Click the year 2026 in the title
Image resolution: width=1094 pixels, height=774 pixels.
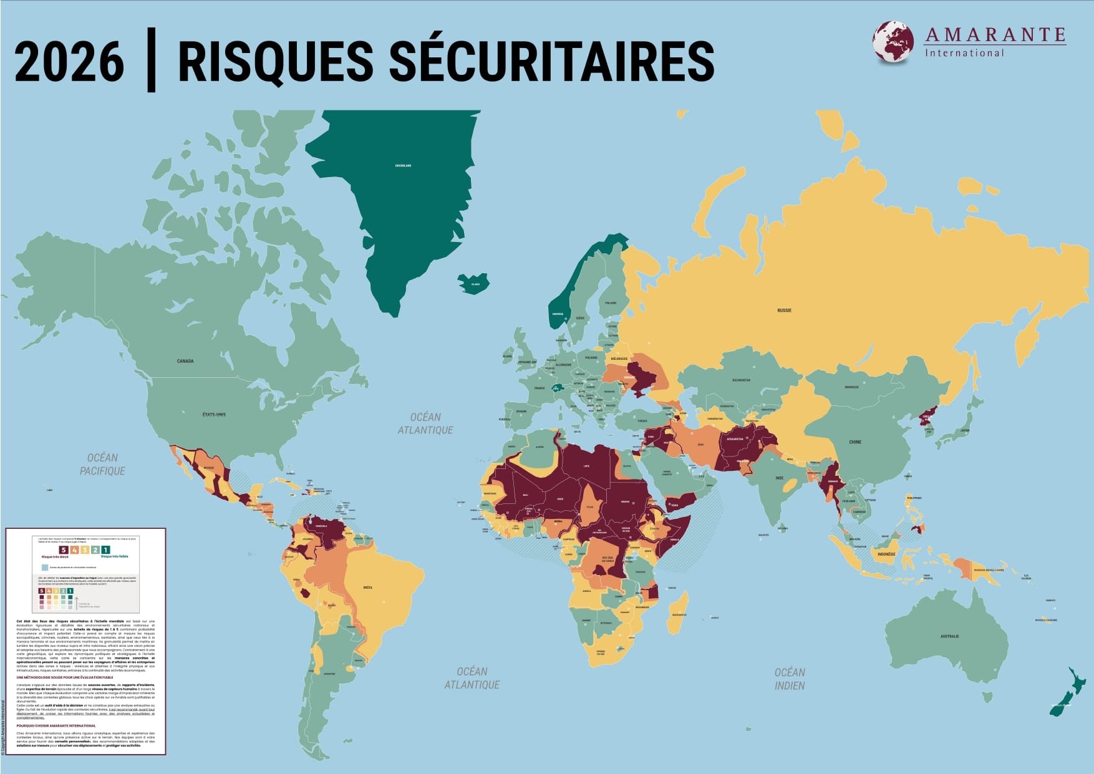[x=69, y=62]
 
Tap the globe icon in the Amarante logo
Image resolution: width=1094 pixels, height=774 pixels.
[x=893, y=42]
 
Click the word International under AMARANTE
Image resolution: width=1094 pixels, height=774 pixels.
[x=964, y=53]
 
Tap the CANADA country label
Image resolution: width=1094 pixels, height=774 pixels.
[x=185, y=361]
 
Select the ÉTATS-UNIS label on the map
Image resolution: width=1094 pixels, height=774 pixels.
[x=213, y=414]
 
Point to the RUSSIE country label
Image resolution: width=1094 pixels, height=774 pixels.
[x=784, y=310]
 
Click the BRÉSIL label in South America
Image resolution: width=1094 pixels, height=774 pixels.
[x=368, y=588]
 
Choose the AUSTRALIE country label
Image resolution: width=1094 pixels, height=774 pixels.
[x=950, y=636]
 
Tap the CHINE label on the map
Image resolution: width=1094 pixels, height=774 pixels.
[x=854, y=442]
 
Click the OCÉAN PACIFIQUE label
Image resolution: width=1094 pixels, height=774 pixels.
[x=102, y=465]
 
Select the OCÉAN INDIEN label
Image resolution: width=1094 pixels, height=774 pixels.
[x=790, y=679]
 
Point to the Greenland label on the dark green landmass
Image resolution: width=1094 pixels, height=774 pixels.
[x=403, y=166]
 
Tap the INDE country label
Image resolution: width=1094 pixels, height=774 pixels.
[x=779, y=478]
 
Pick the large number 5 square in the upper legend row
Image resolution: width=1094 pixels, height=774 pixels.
[x=63, y=549]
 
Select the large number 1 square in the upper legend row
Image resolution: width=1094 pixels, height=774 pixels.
[x=105, y=549]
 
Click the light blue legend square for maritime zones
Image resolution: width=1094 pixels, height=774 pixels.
[x=45, y=568]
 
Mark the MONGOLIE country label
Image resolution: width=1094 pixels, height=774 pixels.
[x=851, y=387]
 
